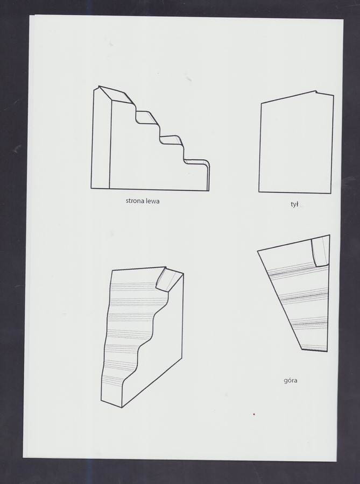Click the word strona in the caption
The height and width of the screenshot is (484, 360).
133,201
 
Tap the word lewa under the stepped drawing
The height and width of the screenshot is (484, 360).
151,201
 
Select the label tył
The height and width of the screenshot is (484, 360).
294,204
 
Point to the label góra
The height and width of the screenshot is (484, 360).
291,380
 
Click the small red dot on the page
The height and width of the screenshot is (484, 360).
253,414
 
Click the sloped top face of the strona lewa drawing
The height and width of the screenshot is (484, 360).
117,95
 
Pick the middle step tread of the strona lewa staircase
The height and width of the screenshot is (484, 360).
170,140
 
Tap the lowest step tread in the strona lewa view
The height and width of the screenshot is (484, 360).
196,162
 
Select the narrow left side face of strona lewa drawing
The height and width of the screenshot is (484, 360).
101,139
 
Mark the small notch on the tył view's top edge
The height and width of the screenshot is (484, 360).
316,91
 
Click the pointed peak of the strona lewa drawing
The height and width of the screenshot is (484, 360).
99,87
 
